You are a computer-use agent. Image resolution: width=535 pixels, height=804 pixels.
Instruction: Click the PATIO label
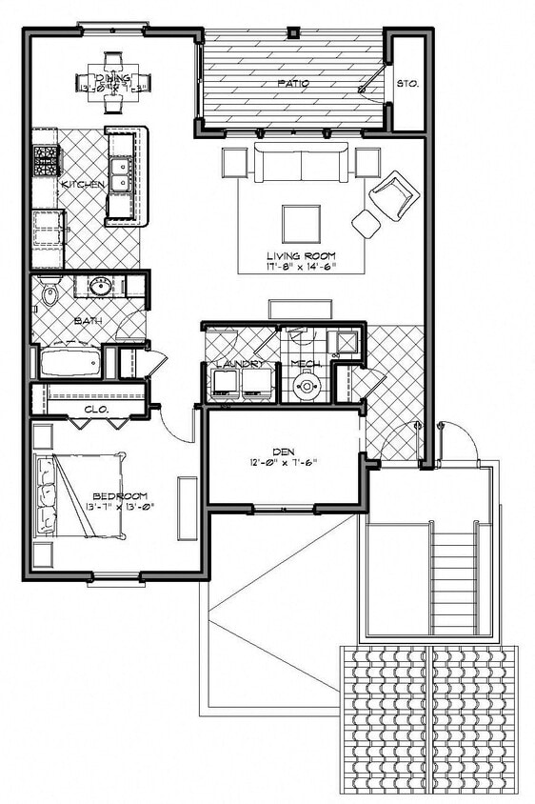pyautogui.click(x=292, y=84)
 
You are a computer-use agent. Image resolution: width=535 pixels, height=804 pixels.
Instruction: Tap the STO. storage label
pyautogui.click(x=406, y=84)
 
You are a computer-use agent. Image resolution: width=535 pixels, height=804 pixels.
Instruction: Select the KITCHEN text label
pyautogui.click(x=83, y=184)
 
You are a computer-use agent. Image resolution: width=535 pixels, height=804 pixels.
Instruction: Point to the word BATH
pyautogui.click(x=88, y=321)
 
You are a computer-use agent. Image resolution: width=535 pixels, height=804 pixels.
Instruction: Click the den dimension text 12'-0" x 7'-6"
pyautogui.click(x=282, y=464)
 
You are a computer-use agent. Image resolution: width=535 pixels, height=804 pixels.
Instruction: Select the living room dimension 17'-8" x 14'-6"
pyautogui.click(x=301, y=268)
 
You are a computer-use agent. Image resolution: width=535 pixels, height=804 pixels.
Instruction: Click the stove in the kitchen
pyautogui.click(x=45, y=160)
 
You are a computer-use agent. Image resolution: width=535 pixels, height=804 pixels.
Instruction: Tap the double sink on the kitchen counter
pyautogui.click(x=120, y=175)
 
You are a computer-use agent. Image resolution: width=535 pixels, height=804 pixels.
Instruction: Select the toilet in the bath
pyautogui.click(x=50, y=293)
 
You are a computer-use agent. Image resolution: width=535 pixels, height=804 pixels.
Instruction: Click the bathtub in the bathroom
pyautogui.click(x=69, y=363)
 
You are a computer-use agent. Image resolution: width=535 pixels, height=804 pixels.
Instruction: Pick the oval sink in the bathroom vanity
pyautogui.click(x=100, y=286)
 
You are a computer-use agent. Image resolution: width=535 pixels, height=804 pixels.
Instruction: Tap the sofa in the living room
pyautogui.click(x=301, y=164)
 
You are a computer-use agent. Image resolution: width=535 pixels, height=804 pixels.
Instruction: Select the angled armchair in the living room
pyautogui.click(x=394, y=194)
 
